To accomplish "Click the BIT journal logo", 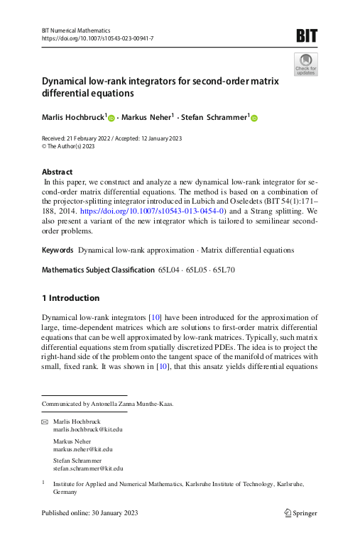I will click(x=307, y=35).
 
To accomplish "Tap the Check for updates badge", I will click(x=306, y=64).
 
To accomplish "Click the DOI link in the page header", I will click(x=97, y=38).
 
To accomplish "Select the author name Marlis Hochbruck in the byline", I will click(x=73, y=116).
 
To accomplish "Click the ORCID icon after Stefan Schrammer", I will click(x=253, y=117).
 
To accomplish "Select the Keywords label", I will click(x=58, y=251).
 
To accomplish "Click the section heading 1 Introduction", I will click(x=71, y=298).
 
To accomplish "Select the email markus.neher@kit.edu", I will click(x=83, y=449).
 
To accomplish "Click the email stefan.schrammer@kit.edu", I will click(x=88, y=468).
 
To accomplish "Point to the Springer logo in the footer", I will click(x=300, y=513).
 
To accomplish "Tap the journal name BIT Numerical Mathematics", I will click(x=76, y=31).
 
